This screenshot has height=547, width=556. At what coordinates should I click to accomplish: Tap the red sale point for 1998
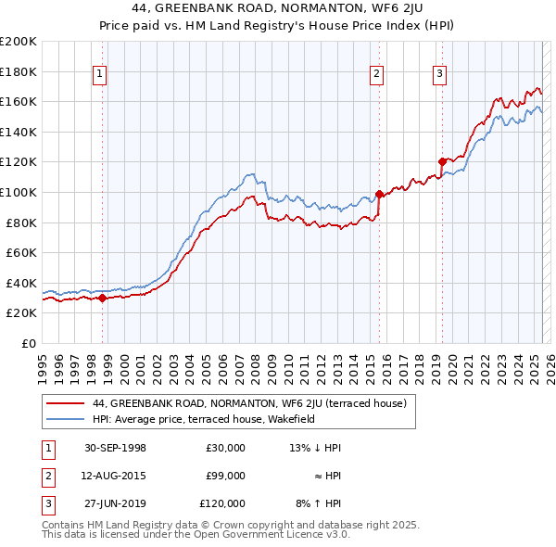[102, 298]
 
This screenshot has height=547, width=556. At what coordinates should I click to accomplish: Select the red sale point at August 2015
[379, 194]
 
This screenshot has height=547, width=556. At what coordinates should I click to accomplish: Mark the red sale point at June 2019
[442, 161]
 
